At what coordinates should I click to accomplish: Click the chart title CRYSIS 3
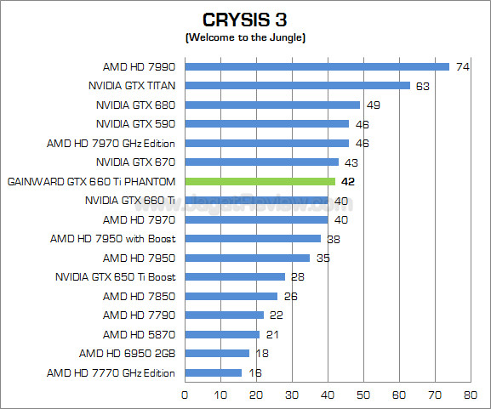tap(245, 20)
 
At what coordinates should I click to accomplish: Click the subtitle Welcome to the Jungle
tap(245, 37)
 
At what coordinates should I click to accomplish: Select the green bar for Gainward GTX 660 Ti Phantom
tap(260, 181)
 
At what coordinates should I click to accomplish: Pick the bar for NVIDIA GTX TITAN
tap(297, 85)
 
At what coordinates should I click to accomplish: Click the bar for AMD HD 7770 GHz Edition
tap(213, 372)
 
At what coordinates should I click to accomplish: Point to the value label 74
tap(463, 66)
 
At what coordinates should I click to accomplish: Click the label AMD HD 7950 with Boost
tap(119, 239)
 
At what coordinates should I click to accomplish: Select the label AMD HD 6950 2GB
tap(127, 354)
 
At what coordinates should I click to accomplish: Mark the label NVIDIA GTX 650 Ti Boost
tap(115, 277)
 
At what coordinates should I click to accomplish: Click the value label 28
tap(299, 277)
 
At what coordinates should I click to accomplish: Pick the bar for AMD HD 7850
tap(231, 296)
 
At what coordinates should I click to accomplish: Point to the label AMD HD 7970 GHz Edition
tap(111, 143)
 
